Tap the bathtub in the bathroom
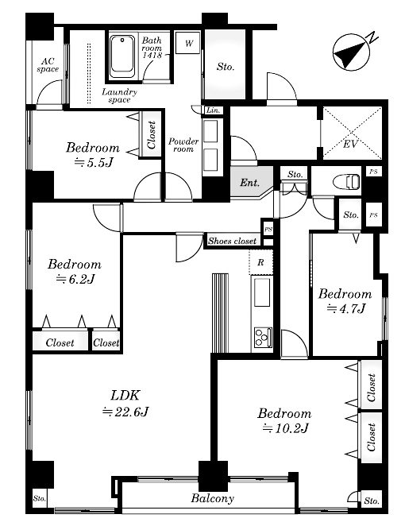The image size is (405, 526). (x=122, y=56)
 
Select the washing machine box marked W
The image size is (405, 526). (x=188, y=43)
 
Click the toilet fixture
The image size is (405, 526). (x=347, y=182)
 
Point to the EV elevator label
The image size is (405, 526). (x=351, y=144)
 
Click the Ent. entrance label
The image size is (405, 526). (x=250, y=183)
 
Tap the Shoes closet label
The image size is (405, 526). (x=233, y=241)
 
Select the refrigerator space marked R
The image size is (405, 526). (x=260, y=262)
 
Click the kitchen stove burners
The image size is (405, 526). (x=263, y=338)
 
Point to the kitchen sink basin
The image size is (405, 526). (x=262, y=292)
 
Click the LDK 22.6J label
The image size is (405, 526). (x=125, y=403)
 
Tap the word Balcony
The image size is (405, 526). (x=212, y=498)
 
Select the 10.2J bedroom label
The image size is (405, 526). (x=284, y=420)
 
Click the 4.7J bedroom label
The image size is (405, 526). (x=345, y=301)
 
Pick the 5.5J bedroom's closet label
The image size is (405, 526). (x=152, y=135)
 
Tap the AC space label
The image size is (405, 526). (x=48, y=65)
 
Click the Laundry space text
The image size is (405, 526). (x=119, y=95)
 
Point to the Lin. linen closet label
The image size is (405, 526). (x=214, y=110)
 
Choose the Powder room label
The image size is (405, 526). (x=183, y=145)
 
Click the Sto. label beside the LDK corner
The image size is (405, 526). (x=39, y=498)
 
